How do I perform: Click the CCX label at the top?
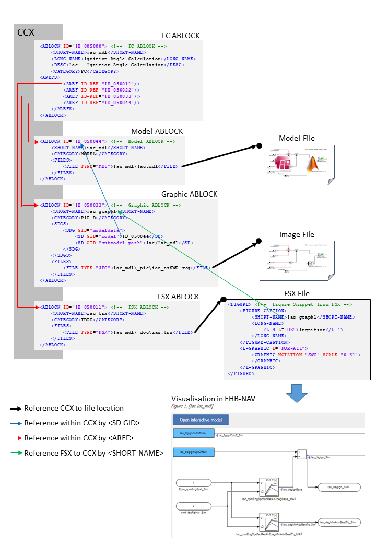[26, 32]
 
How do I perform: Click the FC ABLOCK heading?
[181, 36]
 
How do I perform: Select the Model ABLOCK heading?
[157, 131]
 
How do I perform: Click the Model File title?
[297, 138]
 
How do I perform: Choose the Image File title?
[297, 234]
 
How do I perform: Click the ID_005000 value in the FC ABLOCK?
[89, 46]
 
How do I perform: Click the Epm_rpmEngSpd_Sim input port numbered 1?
[194, 482]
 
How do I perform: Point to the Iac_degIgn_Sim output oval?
[338, 486]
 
